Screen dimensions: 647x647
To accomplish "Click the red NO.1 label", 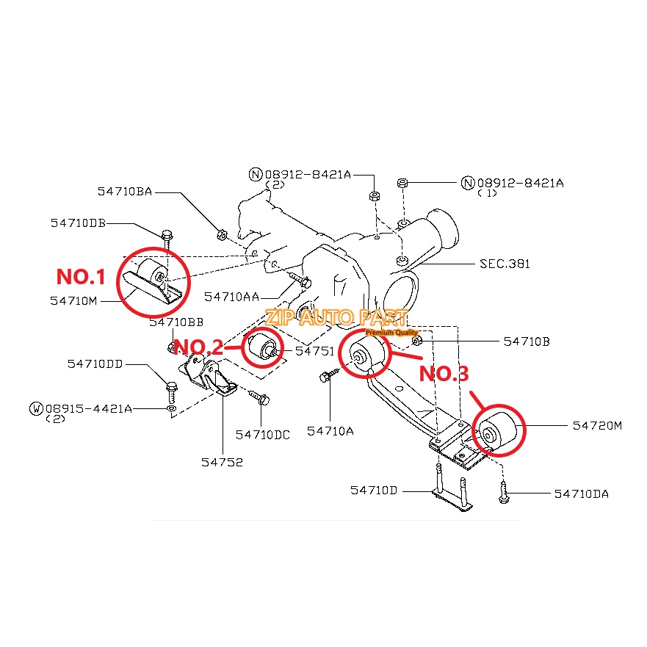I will tap(82, 278).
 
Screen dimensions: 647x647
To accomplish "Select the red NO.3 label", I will tap(444, 374).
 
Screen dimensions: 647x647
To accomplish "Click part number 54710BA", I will tap(125, 192).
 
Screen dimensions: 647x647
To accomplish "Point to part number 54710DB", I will tap(78, 223).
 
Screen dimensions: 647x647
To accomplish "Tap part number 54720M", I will tap(596, 425).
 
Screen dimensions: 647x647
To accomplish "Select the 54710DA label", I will tap(581, 494).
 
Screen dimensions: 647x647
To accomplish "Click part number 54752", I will tap(222, 462).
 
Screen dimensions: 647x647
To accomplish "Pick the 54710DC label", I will tap(262, 435).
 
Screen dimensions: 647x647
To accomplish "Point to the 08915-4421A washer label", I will tap(89, 408).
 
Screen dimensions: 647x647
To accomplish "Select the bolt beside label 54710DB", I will tap(167, 237).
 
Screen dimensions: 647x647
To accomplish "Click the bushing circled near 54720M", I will tap(497, 433).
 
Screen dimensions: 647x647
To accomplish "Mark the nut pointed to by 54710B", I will tap(417, 340).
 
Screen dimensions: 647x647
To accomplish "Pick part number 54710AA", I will tap(231, 296).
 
